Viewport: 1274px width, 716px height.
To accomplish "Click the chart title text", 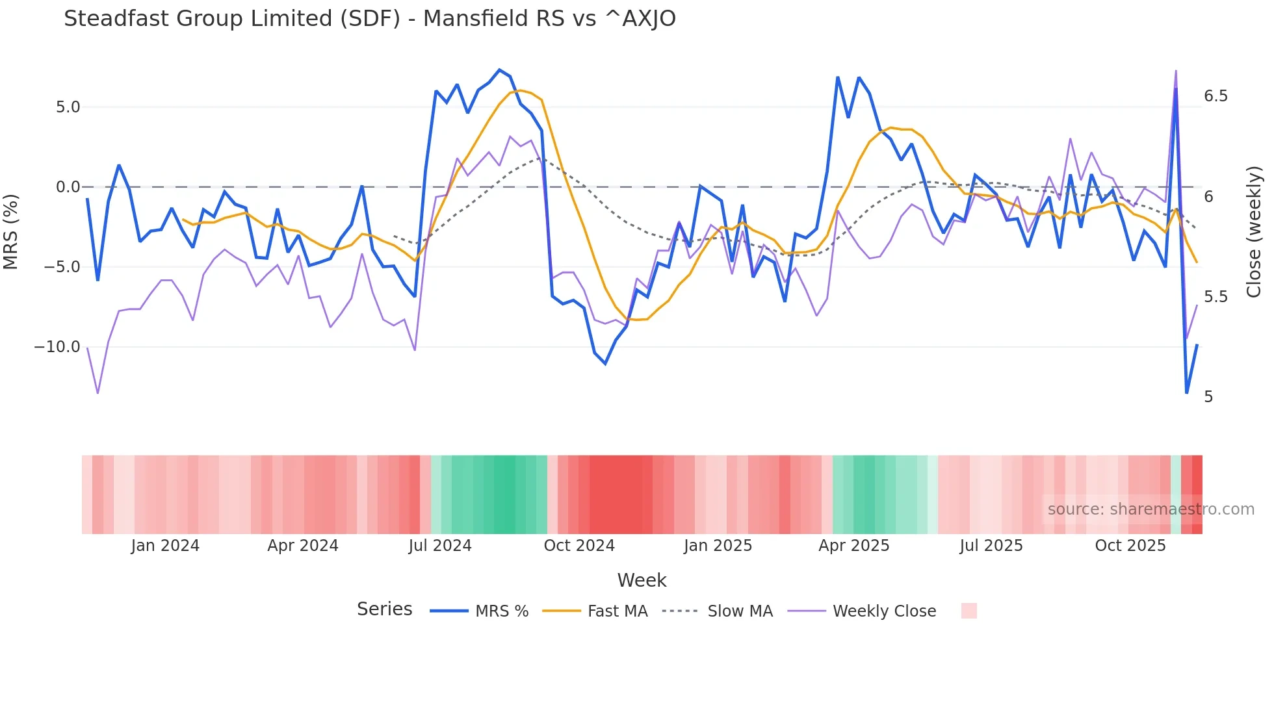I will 369,18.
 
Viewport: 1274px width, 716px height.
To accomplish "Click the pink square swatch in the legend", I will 968,611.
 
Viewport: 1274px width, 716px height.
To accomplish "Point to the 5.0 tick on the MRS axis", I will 68,107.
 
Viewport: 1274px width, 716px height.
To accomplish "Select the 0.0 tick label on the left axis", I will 68,187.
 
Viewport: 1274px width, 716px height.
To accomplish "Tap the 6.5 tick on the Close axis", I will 1215,96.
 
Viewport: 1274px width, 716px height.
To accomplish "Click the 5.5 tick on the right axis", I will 1215,297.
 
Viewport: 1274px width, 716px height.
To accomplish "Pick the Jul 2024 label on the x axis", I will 440,546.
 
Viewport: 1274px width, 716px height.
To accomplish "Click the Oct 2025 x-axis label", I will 1130,546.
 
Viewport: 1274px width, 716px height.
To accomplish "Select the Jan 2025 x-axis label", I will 718,546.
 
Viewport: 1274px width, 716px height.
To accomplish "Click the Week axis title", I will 642,580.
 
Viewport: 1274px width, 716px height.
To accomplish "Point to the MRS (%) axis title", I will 10,232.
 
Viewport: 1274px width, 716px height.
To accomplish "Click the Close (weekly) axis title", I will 1254,232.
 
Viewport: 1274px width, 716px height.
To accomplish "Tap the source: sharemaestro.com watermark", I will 1150,509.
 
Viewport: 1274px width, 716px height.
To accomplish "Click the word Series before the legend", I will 384,609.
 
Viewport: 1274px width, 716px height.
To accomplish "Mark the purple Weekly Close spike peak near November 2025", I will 1176,71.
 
